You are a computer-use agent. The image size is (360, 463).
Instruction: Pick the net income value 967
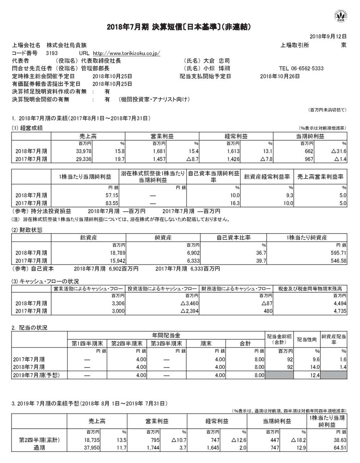coord(309,159)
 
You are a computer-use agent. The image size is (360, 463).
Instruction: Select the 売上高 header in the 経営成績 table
coord(88,136)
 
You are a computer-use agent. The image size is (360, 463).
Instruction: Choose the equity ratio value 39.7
coord(261,261)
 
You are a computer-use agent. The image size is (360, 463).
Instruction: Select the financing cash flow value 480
coord(265,311)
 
